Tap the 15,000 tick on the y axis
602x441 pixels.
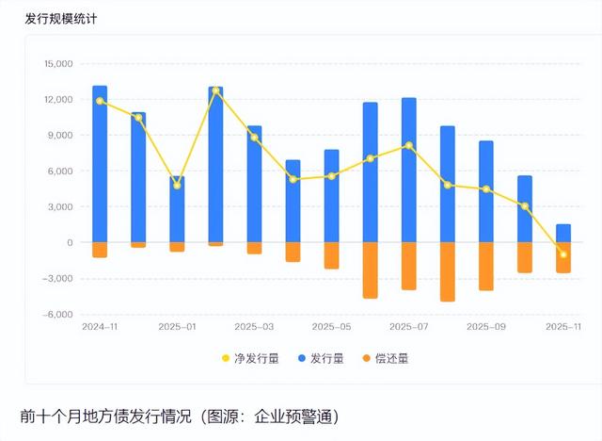(57, 64)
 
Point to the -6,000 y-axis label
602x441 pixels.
(57, 315)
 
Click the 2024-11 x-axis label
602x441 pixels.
(99, 326)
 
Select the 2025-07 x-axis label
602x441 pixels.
(408, 326)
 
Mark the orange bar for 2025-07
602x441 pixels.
(408, 266)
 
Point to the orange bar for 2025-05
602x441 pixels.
(331, 255)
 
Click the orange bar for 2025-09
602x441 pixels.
(485, 266)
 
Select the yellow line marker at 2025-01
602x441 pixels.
(177, 185)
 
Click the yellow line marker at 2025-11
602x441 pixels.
(563, 254)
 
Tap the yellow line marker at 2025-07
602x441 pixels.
(408, 145)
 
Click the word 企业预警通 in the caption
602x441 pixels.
(294, 416)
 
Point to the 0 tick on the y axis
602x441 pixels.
(69, 243)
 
